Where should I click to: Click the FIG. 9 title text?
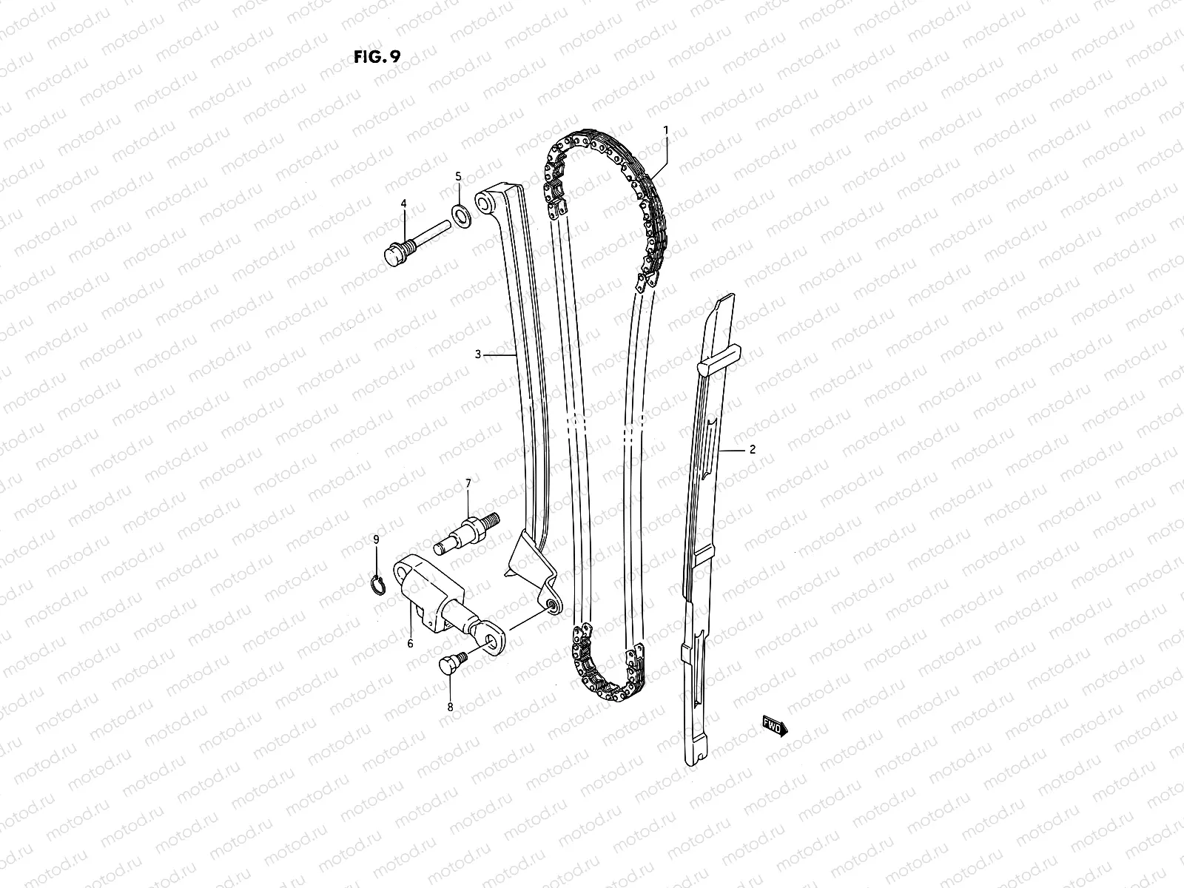coord(377,58)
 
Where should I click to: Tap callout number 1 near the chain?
coord(665,129)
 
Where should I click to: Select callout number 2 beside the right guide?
coord(752,449)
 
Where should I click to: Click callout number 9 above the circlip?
coord(376,539)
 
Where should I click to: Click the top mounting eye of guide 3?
coord(486,201)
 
